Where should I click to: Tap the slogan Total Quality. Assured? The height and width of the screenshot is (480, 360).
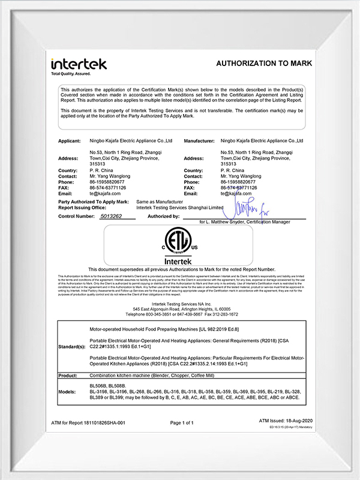click(x=71, y=73)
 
